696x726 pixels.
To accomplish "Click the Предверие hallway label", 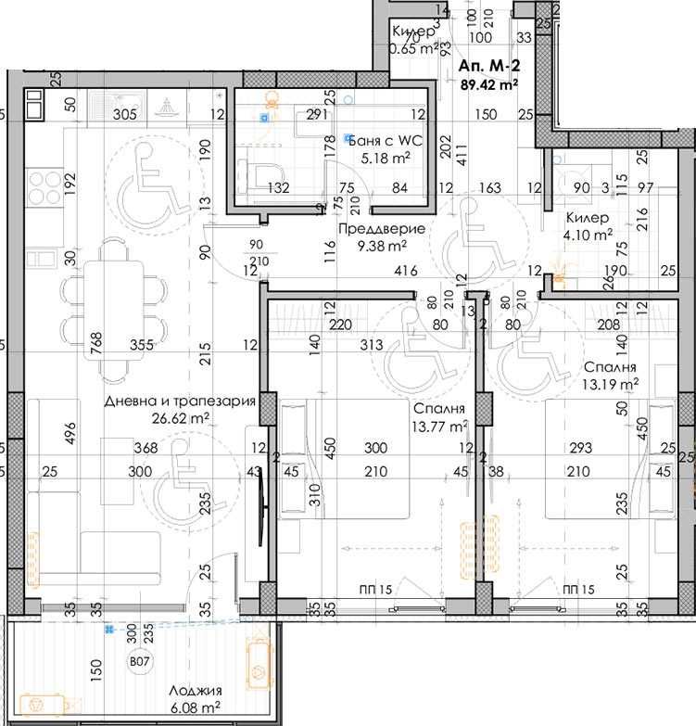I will pos(382,229).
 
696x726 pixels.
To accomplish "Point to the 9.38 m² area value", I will pos(382,246).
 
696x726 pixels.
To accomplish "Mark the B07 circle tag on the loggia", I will pos(139,662).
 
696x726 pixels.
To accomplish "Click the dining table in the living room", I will pos(114,305).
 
